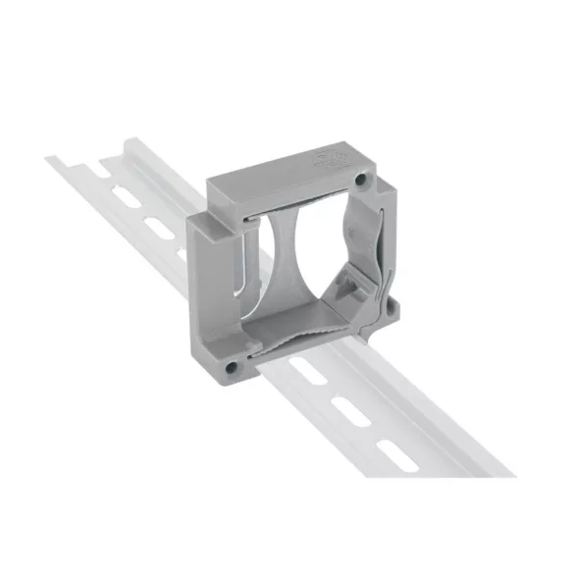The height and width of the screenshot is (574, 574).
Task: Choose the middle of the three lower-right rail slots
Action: coord(351,413)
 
